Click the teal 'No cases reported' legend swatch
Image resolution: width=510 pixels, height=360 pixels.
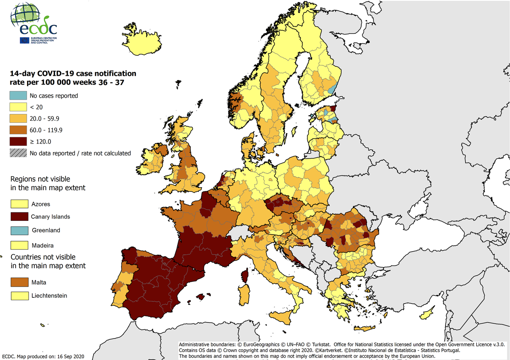point(19,96)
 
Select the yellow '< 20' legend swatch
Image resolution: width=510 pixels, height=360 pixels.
point(19,107)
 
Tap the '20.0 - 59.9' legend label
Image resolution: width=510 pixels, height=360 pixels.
point(45,118)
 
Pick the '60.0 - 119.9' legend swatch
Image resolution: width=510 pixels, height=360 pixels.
point(19,130)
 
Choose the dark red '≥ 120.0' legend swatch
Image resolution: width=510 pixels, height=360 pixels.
point(19,142)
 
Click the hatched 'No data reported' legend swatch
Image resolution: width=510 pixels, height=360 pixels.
point(19,153)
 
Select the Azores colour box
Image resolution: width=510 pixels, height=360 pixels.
point(19,204)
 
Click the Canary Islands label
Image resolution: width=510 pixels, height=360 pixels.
point(51,217)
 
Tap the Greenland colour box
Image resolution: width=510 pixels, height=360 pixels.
point(19,230)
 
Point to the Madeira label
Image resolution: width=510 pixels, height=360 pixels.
point(42,245)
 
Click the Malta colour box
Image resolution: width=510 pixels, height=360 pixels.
point(19,282)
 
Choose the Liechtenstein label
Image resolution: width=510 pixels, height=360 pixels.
point(49,295)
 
